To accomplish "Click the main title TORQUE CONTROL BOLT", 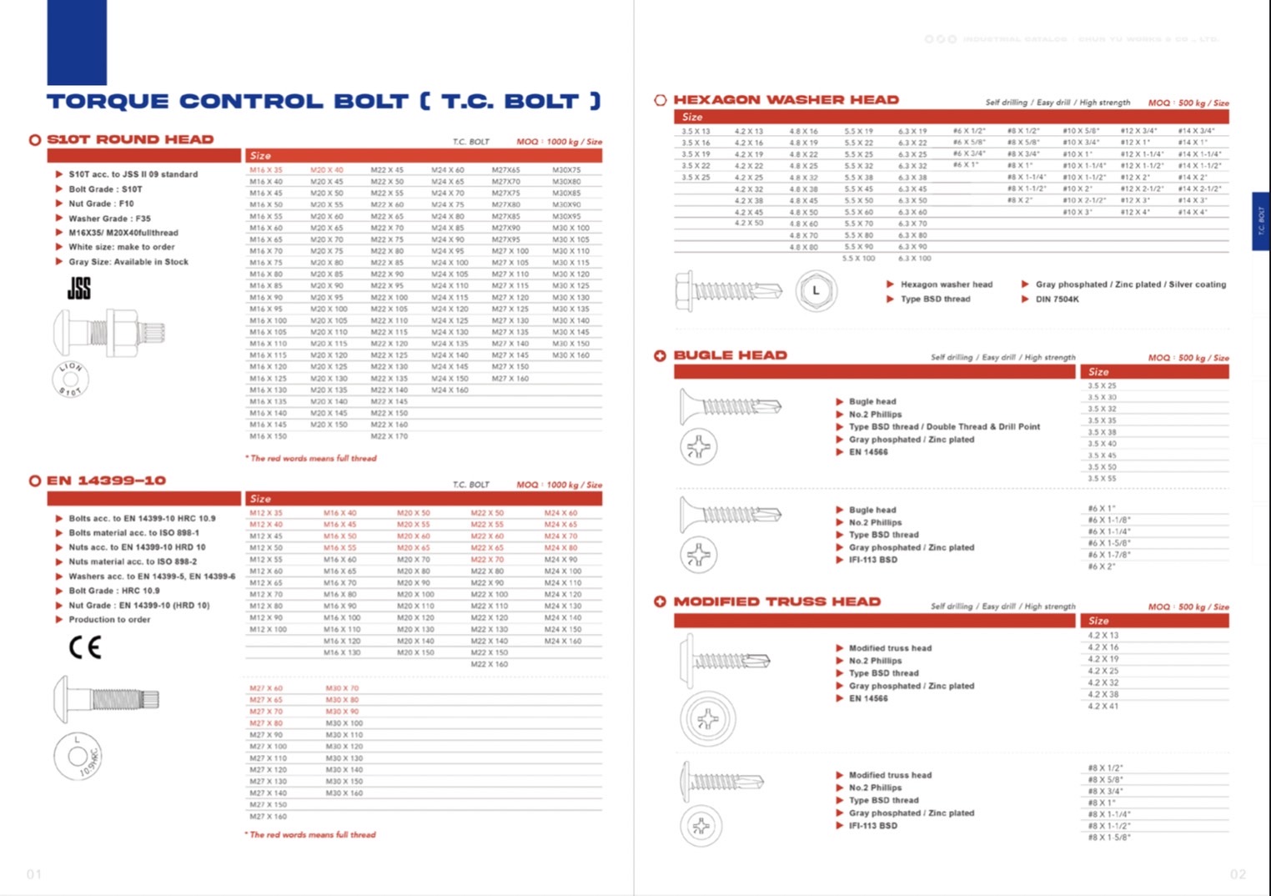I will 323,102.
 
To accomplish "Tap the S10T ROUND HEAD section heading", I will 130,139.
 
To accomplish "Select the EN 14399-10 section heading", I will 106,481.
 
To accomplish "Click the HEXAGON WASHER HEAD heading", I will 786,100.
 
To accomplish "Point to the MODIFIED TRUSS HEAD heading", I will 776,602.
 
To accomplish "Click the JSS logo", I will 79,289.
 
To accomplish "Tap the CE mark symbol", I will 85,647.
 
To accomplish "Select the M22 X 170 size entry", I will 389,436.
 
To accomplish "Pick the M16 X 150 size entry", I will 268,436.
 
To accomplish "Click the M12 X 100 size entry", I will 268,629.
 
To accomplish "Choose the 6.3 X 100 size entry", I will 914,259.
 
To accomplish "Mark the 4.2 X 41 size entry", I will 1103,706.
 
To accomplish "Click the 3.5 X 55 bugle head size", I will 1102,479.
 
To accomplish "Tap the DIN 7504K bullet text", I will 1057,299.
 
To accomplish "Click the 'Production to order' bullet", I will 109,620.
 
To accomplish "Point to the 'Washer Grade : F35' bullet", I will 109,219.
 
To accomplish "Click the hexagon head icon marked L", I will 815,291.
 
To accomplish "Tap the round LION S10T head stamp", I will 71,379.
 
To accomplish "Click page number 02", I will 1238,874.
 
